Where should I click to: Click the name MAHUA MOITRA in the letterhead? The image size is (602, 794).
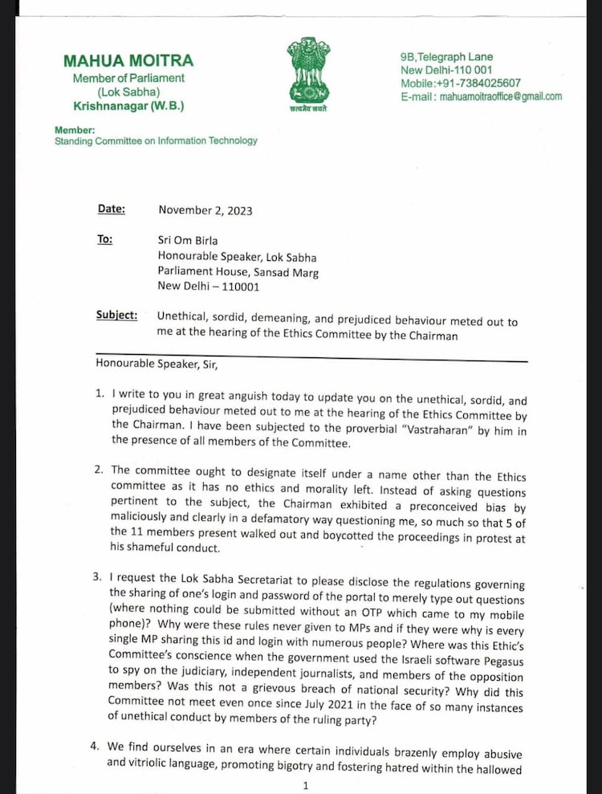[x=128, y=61]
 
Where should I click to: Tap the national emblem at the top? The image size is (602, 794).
[x=308, y=72]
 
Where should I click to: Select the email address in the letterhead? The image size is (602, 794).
[x=482, y=96]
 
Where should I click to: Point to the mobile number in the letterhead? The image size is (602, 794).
[x=461, y=83]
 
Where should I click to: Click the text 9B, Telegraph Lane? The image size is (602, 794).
[x=447, y=57]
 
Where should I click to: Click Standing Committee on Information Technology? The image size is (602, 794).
[x=156, y=140]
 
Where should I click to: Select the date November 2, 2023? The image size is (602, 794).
[x=205, y=210]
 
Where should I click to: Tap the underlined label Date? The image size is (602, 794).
[x=112, y=209]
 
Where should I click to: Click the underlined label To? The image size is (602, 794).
[x=105, y=239]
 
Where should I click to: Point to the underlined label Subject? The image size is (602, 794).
[x=116, y=315]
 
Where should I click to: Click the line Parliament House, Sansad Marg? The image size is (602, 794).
[x=238, y=272]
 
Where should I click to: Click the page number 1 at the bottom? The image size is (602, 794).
[x=306, y=786]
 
